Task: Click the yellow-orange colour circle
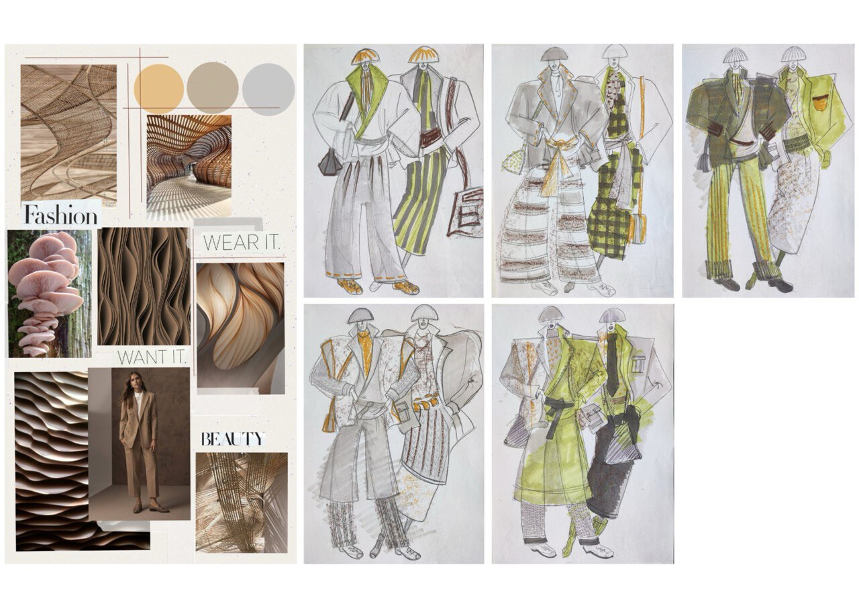(159, 89)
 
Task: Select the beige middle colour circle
(213, 87)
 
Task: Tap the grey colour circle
(268, 90)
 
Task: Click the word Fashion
(60, 215)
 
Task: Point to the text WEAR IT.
(242, 243)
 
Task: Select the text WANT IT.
(152, 357)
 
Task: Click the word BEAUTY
(233, 439)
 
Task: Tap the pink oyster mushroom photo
(50, 294)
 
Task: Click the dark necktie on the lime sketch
(613, 362)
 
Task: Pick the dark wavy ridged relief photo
(82, 461)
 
